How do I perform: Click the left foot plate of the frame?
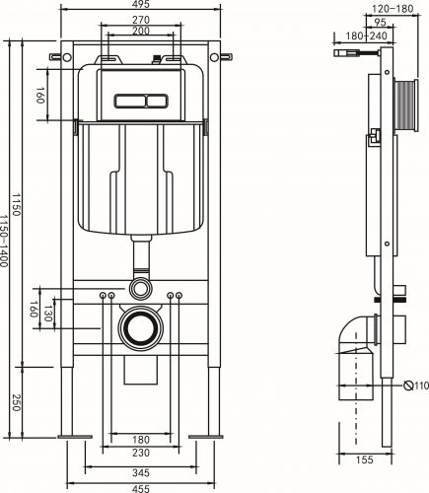coord(75,436)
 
